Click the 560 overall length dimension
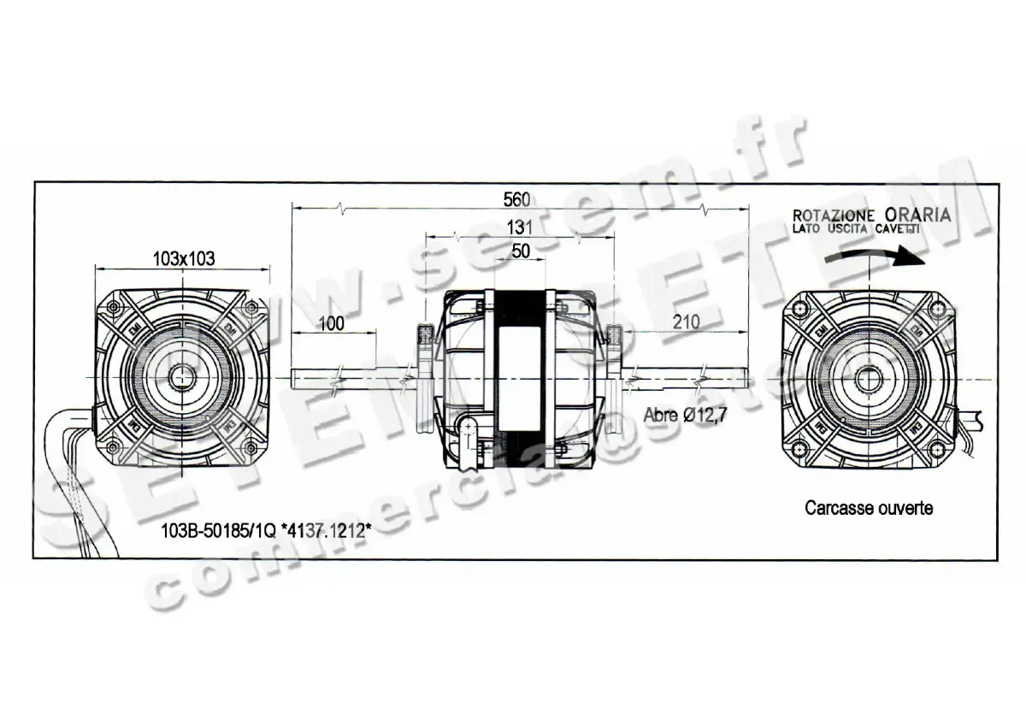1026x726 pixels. (x=516, y=199)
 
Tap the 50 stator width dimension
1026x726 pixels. (x=519, y=251)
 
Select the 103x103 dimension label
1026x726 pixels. (x=182, y=257)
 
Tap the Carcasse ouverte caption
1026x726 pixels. (x=869, y=508)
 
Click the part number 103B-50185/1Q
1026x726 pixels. (x=218, y=530)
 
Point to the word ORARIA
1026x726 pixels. (x=917, y=214)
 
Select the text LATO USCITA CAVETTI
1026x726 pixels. (x=856, y=229)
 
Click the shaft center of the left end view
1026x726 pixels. (x=181, y=376)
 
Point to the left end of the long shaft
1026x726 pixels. (x=293, y=377)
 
